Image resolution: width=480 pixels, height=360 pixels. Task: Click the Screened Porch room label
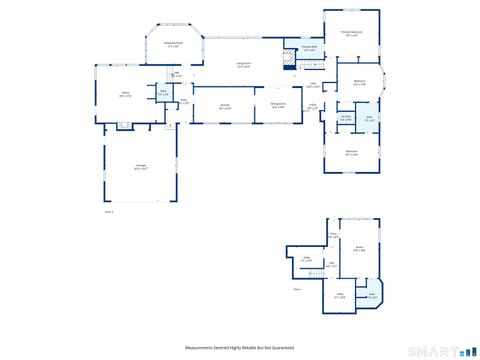pyautogui.click(x=172, y=44)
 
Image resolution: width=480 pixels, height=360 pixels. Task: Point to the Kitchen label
pyautogui.click(x=226, y=106)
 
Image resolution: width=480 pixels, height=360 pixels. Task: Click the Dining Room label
pyautogui.click(x=279, y=105)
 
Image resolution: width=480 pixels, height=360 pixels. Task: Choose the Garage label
pyautogui.click(x=142, y=167)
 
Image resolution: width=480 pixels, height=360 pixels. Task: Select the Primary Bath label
pyautogui.click(x=310, y=47)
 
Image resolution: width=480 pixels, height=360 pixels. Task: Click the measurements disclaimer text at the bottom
pyautogui.click(x=240, y=347)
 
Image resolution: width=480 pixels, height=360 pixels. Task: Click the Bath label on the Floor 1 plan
pyautogui.click(x=372, y=296)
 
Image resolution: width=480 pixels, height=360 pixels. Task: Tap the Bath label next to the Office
pyautogui.click(x=162, y=94)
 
